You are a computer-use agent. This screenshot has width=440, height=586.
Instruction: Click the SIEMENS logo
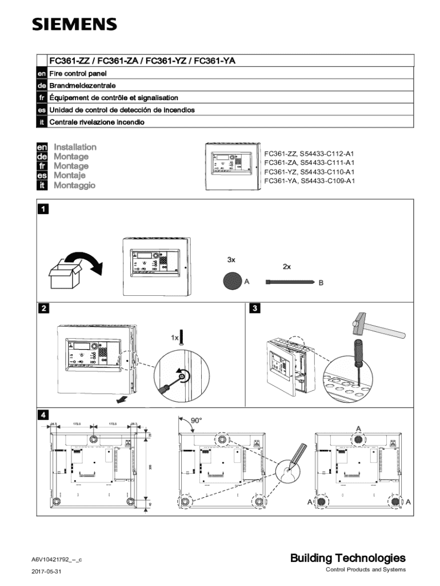pos(74,24)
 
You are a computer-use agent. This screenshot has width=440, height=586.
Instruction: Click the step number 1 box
pos(42,209)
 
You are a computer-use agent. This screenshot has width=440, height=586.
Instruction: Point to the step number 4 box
pos(42,414)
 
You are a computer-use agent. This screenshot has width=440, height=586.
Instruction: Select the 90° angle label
pos(196,421)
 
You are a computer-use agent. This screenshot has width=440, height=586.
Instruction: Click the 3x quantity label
pos(231,259)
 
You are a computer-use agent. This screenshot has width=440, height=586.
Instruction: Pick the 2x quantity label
pos(287,267)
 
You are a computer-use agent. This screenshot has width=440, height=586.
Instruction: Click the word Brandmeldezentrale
pos(77,86)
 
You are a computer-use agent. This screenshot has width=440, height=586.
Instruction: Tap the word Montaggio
pos(75,185)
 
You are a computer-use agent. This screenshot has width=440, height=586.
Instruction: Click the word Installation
pos(75,147)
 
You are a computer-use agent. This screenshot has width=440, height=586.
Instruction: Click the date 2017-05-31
pos(47,572)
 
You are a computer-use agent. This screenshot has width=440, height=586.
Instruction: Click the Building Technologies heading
pos(348,558)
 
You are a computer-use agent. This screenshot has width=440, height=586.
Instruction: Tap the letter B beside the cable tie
pos(321,283)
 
